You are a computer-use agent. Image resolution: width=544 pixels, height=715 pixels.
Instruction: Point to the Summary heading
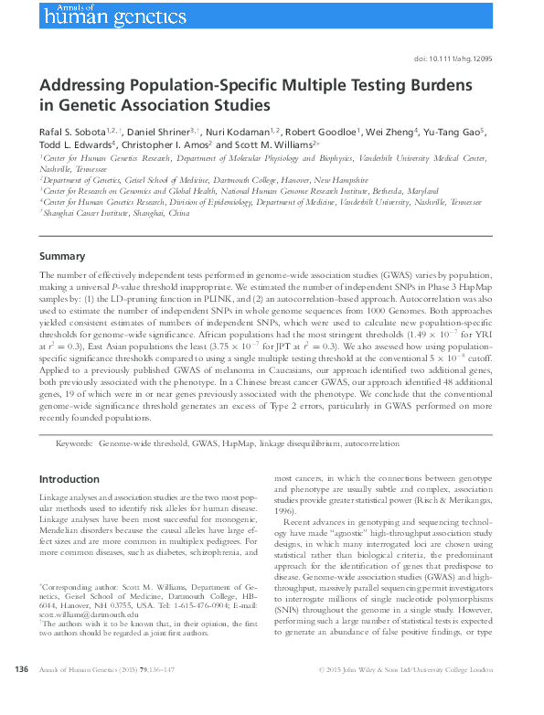pos(62,257)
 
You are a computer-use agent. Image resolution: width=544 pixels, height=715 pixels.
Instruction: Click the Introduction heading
pos(69,479)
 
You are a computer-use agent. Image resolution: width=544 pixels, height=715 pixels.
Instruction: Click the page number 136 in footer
pos(23,696)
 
